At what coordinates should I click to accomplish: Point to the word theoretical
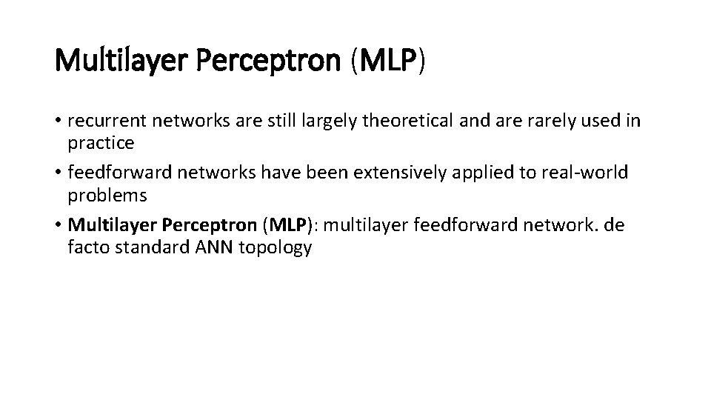point(408,120)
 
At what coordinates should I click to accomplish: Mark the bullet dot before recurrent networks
point(59,121)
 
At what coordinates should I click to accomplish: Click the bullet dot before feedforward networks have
point(59,174)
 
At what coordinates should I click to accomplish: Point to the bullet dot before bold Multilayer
point(59,227)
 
